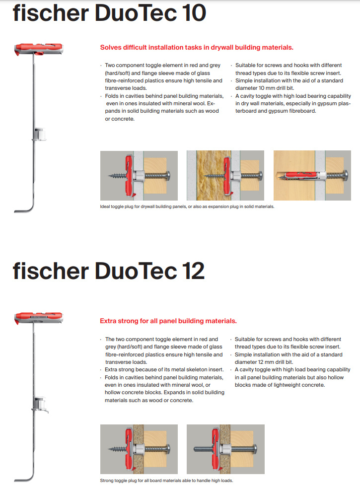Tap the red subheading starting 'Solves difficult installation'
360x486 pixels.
[197, 48]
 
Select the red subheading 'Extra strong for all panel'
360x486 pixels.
[168, 321]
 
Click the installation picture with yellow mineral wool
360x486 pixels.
[225, 175]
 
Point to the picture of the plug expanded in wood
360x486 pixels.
[312, 175]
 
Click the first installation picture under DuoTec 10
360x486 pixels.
[139, 175]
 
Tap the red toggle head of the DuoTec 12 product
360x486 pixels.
[37, 317]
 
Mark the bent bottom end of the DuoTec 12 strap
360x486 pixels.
[22, 478]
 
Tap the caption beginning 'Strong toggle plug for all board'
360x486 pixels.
[166, 481]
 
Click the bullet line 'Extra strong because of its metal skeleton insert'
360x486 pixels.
[164, 369]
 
